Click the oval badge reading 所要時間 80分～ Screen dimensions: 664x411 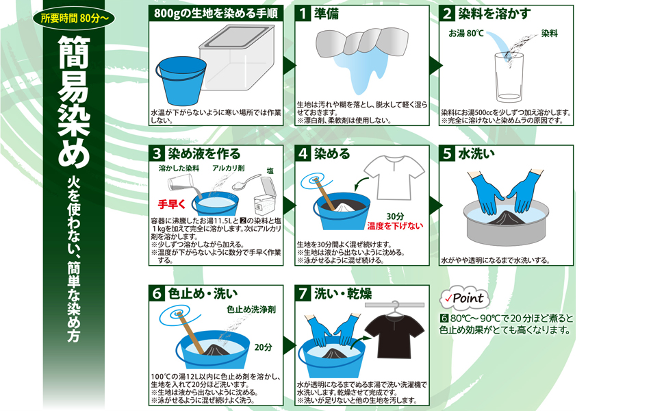(x=74, y=18)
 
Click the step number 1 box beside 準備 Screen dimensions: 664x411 (x=303, y=14)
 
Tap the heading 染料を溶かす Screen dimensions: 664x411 (x=494, y=14)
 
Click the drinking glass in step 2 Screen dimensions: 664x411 (x=509, y=77)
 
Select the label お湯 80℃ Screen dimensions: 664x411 (x=465, y=34)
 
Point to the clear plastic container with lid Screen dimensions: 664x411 (x=237, y=58)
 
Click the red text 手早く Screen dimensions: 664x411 (x=172, y=204)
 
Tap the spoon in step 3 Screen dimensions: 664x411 (x=246, y=182)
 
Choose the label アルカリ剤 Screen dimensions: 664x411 (x=228, y=169)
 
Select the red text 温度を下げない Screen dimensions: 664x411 (x=395, y=226)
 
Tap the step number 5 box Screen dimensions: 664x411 (x=447, y=153)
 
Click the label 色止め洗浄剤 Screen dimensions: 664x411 (x=251, y=310)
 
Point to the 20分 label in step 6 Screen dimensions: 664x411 (x=263, y=347)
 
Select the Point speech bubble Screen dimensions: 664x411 (x=465, y=298)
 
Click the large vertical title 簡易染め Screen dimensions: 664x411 (x=73, y=102)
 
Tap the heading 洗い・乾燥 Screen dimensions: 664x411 (x=343, y=294)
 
